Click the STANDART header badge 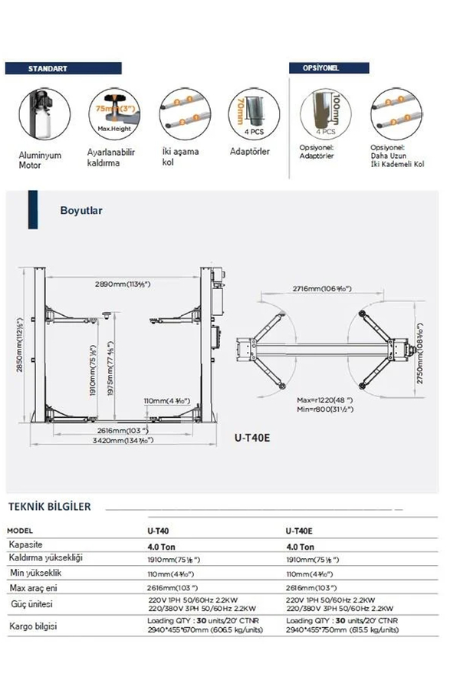[48, 69]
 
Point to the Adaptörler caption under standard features [250, 151]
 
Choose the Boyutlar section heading [81, 209]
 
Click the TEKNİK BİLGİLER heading [49, 507]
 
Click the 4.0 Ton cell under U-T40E [299, 547]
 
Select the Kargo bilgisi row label [34, 626]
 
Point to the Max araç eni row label [34, 587]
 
